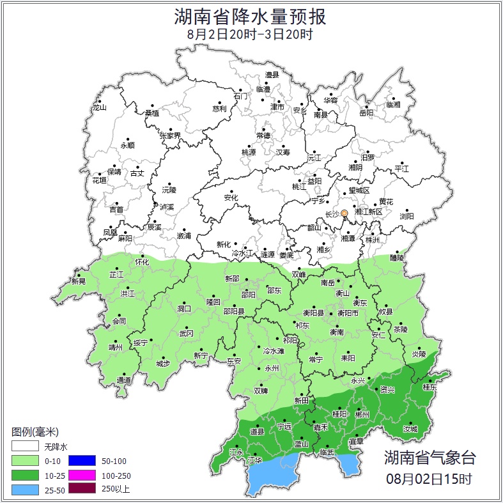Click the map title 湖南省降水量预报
pyautogui.click(x=251, y=16)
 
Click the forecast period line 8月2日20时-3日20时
pyautogui.click(x=251, y=35)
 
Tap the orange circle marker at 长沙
pyautogui.click(x=344, y=213)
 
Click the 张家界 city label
pyautogui.click(x=170, y=135)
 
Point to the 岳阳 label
pyautogui.click(x=366, y=113)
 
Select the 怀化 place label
pyautogui.click(x=142, y=262)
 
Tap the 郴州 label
pyautogui.click(x=362, y=414)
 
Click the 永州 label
pyautogui.click(x=272, y=369)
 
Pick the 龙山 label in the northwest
pyautogui.click(x=99, y=107)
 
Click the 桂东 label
pyautogui.click(x=429, y=387)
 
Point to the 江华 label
pyautogui.click(x=255, y=460)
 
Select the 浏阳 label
pyautogui.click(x=406, y=216)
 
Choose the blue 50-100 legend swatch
pyautogui.click(x=81, y=460)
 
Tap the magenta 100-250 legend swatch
pyautogui.click(x=81, y=475)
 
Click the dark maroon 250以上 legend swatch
pyautogui.click(x=81, y=490)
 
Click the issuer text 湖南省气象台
pyautogui.click(x=429, y=458)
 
